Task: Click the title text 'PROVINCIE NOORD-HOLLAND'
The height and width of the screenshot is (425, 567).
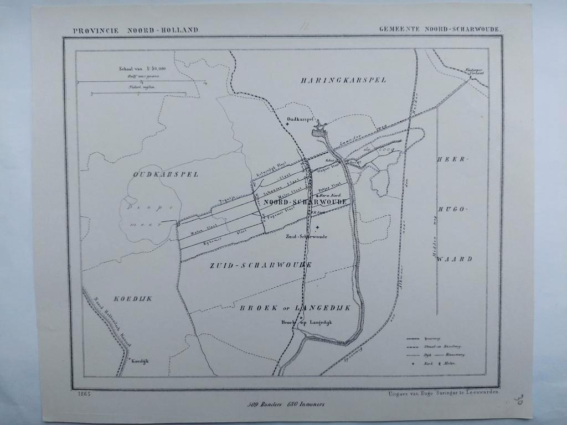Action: [x=135, y=30]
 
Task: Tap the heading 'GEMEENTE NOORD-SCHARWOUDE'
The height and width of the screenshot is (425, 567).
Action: [x=441, y=28]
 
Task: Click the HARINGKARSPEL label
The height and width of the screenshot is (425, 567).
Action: [x=343, y=80]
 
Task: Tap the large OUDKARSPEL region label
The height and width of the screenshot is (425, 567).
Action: [x=166, y=174]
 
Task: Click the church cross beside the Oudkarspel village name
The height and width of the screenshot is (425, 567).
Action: [x=287, y=124]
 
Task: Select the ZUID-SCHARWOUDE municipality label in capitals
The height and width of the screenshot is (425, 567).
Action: [x=260, y=265]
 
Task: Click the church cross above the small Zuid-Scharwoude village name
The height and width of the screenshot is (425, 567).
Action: [x=317, y=227]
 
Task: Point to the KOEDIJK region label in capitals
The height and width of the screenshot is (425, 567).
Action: [x=133, y=299]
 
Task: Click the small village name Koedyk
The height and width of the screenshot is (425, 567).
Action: [x=140, y=361]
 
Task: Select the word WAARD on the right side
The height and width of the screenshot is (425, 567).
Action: [x=454, y=258]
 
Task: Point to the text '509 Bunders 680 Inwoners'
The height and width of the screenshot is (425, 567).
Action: [x=286, y=404]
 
